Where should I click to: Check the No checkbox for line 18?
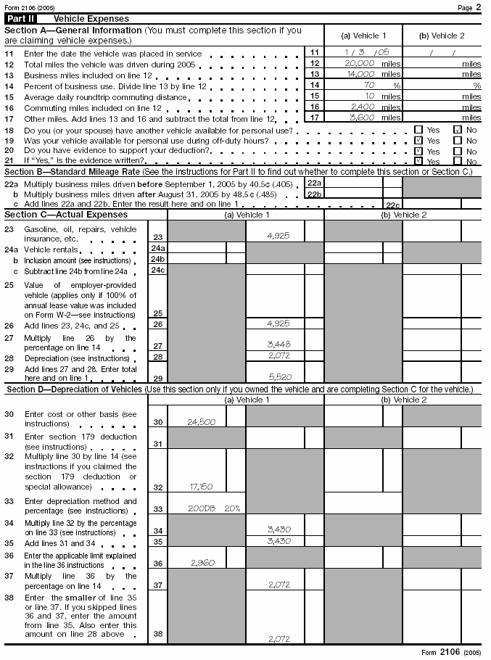458,129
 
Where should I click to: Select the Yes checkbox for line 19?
418,140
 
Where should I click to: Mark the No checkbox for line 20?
458,151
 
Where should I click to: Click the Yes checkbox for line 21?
418,161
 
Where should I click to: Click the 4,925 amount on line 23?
278,235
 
